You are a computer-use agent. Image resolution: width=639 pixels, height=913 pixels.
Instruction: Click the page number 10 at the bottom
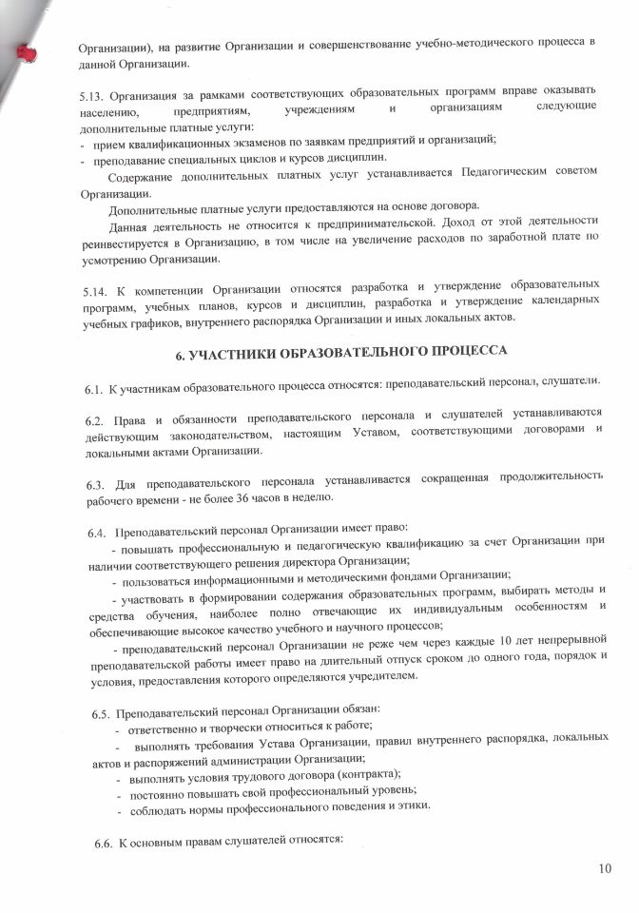click(606, 867)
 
